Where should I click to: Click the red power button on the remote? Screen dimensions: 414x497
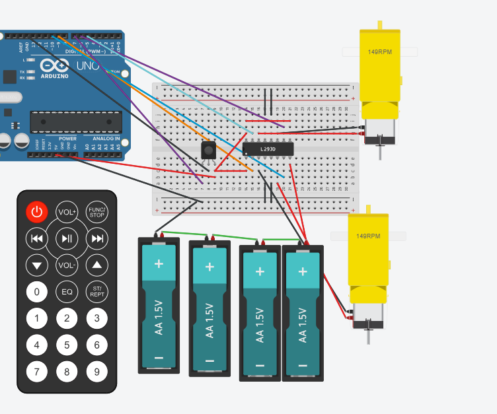(x=37, y=212)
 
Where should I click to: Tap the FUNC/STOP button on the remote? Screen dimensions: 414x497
(x=97, y=212)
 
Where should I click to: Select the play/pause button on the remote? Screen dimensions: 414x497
(x=67, y=238)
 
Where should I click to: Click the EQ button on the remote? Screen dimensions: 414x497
(x=67, y=291)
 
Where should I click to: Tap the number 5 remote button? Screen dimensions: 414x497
(x=67, y=345)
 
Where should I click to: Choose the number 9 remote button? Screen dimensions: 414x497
(x=97, y=372)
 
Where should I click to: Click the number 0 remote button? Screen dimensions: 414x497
(x=37, y=291)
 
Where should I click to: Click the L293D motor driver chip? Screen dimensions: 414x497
(x=268, y=149)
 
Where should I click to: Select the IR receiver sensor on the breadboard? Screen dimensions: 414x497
(x=209, y=151)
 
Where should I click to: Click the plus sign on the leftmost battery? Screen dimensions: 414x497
(x=159, y=263)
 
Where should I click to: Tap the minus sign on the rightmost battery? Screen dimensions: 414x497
(x=303, y=366)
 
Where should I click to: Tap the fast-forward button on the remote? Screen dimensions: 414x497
(x=97, y=238)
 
